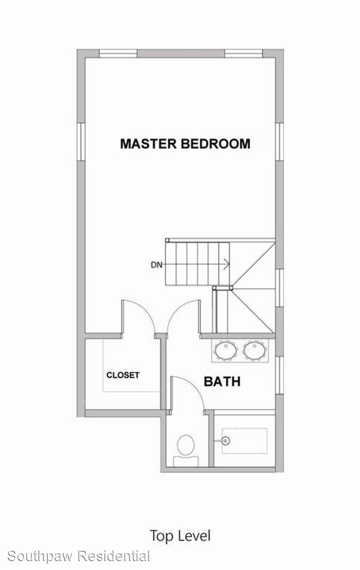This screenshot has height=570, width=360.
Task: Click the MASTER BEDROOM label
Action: (x=185, y=144)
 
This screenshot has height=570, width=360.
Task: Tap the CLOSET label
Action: (x=122, y=375)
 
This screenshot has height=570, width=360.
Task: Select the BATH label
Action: (x=222, y=382)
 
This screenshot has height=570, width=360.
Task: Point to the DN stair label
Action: (x=157, y=265)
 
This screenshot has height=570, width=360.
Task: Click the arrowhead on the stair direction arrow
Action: (x=227, y=264)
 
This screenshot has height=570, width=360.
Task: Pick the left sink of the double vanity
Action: (x=225, y=350)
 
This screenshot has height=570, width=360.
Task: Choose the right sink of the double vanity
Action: (x=255, y=350)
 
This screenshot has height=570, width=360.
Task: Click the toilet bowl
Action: (x=186, y=444)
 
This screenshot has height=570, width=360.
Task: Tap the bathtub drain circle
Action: (x=226, y=441)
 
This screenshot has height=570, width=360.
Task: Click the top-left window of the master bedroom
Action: (x=118, y=54)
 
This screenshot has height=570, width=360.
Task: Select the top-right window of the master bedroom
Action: (x=244, y=54)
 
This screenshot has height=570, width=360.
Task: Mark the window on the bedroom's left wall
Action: (x=81, y=142)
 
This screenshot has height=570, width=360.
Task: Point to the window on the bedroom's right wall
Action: (x=279, y=142)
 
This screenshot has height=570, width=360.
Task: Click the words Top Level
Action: (x=180, y=536)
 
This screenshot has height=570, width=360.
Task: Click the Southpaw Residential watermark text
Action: (x=79, y=556)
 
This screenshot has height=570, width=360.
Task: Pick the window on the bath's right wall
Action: (x=279, y=375)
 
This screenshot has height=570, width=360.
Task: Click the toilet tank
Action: (x=186, y=461)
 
